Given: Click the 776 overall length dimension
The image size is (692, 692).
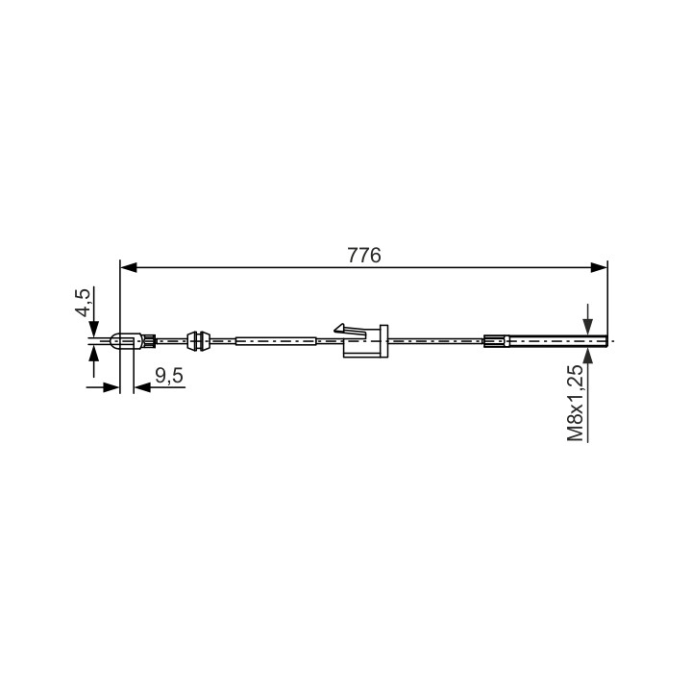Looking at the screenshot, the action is [363, 256].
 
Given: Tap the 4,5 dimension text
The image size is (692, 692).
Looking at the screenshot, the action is [84, 303].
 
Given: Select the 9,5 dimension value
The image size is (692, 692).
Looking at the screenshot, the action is [169, 376].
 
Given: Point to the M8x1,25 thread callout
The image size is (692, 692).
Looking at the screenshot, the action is [576, 403].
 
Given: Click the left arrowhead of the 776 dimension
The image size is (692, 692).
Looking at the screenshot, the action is [129, 267].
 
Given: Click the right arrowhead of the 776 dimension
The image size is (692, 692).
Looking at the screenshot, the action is [599, 267].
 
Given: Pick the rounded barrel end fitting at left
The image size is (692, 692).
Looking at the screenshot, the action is [127, 341].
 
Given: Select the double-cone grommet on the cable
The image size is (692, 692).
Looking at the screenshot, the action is [198, 341].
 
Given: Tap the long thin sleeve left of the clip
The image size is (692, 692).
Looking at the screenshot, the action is [276, 341].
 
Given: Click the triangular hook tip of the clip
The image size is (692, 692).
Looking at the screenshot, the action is [339, 328].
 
